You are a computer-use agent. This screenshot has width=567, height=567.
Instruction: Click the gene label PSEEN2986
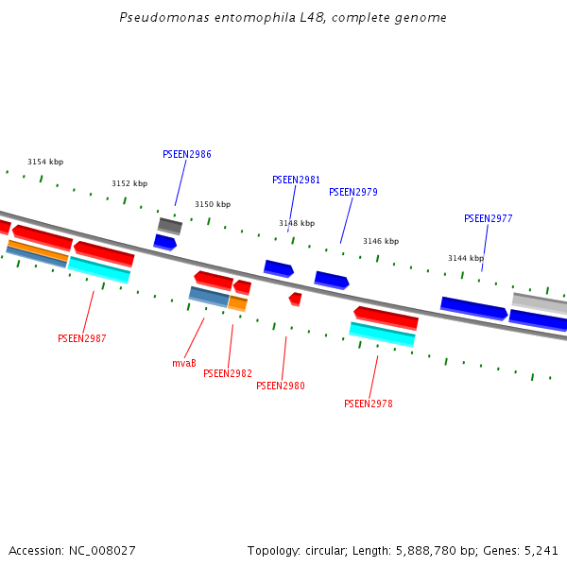point(187,154)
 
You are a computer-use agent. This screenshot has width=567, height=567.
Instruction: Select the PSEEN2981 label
point(296,180)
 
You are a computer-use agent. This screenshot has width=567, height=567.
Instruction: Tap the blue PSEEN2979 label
point(353,192)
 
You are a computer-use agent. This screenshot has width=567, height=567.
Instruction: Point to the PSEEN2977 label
point(488,218)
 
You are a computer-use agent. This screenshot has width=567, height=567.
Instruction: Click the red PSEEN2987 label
point(81,338)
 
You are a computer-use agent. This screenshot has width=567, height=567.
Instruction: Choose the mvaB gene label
point(184,363)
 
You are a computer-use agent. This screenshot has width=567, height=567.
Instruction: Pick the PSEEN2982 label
point(228,373)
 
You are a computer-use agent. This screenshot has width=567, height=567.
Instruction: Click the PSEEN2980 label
point(281,386)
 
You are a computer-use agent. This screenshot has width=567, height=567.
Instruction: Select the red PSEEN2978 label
point(369,404)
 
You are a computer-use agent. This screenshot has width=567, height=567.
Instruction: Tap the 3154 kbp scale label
point(45,162)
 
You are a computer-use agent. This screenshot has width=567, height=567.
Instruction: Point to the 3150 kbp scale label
point(213,204)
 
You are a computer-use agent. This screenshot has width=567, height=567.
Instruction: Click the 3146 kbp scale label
point(381,241)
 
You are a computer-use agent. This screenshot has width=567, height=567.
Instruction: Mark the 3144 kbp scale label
point(466,258)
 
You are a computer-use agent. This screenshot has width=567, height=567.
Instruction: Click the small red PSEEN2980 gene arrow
point(295,299)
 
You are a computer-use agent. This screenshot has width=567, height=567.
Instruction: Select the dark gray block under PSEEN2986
point(170,226)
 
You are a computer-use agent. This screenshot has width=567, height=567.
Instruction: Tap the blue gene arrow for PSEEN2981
point(278,269)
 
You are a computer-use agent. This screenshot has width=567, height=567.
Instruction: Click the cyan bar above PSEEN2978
point(382,334)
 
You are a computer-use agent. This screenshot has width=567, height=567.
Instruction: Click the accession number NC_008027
point(104,550)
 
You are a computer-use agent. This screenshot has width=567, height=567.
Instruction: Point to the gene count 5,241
point(540,550)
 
